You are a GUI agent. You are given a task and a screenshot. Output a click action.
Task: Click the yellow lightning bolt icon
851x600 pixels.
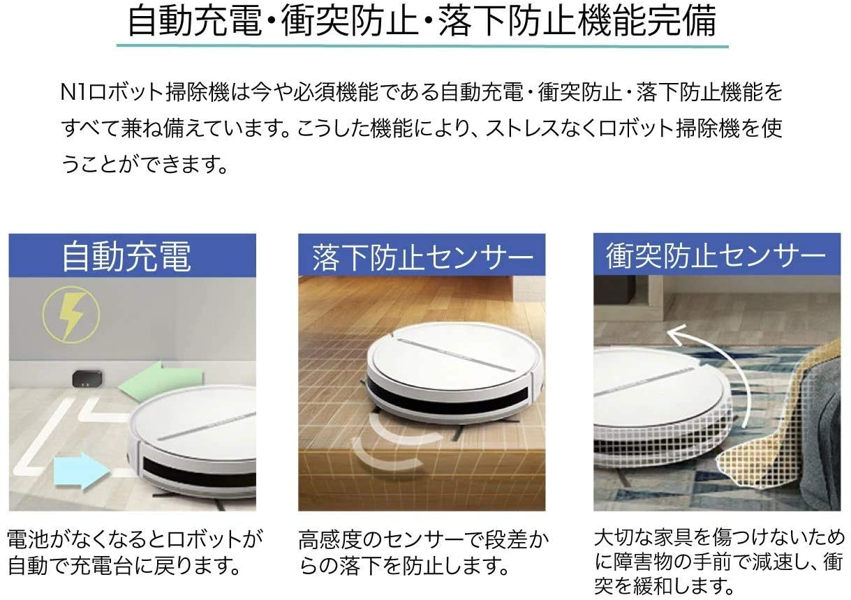(71, 316)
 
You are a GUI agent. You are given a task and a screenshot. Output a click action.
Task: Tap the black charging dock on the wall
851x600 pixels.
(87, 380)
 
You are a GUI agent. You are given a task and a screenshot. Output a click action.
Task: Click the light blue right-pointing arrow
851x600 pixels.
(82, 472)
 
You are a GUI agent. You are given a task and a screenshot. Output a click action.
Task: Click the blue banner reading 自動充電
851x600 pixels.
(132, 255)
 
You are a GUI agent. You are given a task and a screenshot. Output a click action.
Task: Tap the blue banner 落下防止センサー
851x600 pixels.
(422, 255)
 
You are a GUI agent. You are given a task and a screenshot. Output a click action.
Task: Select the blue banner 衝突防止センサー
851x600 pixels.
(717, 254)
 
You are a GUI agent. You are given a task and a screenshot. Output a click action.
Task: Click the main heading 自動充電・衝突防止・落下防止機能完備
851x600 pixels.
(422, 21)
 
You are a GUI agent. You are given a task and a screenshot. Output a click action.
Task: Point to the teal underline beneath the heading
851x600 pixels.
(422, 46)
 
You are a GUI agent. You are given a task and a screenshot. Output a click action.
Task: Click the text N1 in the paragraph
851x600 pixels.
(73, 93)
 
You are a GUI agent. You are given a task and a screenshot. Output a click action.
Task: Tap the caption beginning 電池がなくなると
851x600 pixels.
(135, 552)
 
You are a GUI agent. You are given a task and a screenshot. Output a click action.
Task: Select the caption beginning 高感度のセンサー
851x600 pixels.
(423, 553)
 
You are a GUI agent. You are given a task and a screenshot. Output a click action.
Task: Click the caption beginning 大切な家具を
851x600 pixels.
(718, 563)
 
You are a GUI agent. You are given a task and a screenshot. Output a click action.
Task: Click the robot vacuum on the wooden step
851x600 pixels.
(454, 374)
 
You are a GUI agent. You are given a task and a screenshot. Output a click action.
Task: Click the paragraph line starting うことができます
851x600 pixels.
(145, 165)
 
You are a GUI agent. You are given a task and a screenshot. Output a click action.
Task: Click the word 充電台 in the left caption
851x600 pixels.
(102, 565)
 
